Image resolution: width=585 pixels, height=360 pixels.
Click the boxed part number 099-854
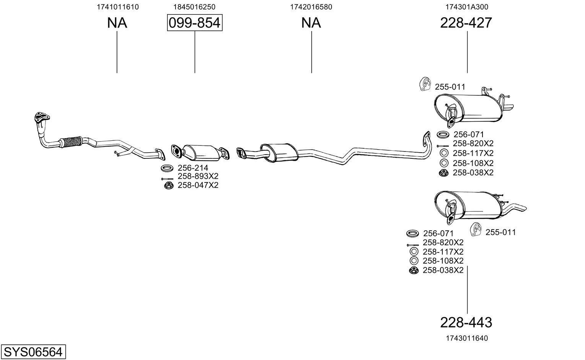(x=195, y=23)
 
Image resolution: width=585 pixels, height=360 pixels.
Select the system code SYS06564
(x=33, y=352)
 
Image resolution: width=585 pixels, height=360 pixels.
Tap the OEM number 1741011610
(x=118, y=7)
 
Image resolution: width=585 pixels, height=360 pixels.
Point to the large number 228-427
(x=466, y=23)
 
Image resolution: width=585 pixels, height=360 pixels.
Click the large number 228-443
(x=466, y=323)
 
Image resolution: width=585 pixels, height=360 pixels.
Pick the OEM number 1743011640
(x=467, y=338)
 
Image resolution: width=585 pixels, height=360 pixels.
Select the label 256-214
(x=193, y=168)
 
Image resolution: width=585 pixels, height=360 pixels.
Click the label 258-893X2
(x=198, y=176)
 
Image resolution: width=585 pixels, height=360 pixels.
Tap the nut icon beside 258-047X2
(x=169, y=186)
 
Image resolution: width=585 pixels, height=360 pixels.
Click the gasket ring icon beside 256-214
(x=167, y=168)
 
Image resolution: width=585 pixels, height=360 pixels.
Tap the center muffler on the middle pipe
(x=279, y=152)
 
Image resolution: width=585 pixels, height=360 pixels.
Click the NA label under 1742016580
(x=311, y=23)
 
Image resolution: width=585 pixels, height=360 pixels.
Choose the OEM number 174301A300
(x=467, y=7)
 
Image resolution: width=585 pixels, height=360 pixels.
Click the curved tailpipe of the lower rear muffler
(x=513, y=208)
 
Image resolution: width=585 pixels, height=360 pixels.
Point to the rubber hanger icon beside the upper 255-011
(x=425, y=84)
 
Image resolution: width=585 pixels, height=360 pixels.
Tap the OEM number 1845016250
(x=194, y=7)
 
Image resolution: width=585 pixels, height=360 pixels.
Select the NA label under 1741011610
(x=117, y=23)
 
